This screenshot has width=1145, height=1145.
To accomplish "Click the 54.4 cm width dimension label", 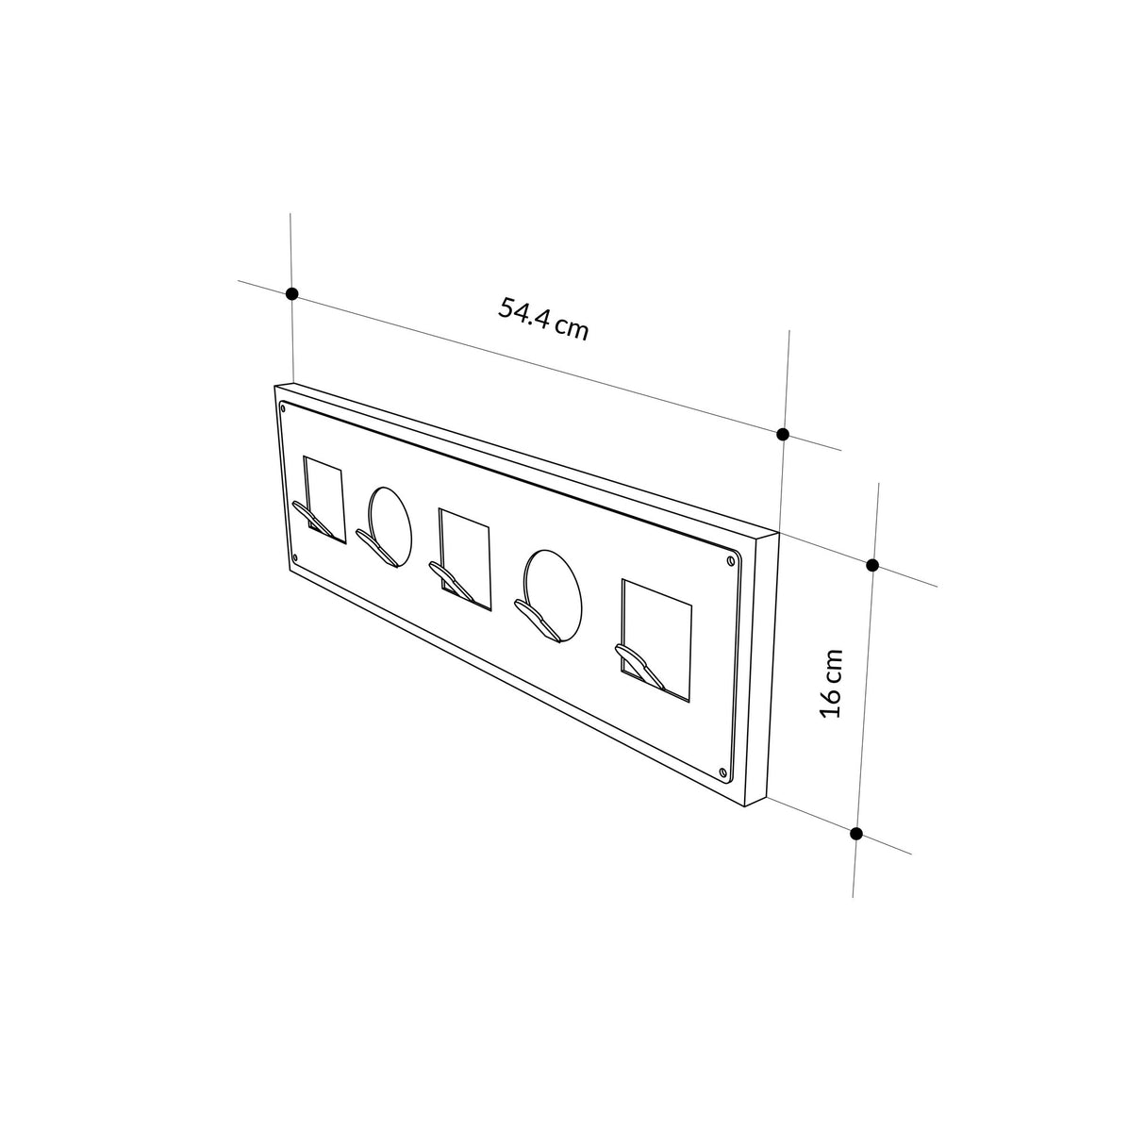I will coord(543,319).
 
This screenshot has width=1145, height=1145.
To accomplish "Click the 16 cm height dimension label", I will coord(830,683).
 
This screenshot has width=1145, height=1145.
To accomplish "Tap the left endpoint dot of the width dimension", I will coord(292,294).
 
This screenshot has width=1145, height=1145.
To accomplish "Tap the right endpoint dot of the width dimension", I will coord(783,434).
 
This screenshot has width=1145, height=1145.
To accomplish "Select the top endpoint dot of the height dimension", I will coord(872,565).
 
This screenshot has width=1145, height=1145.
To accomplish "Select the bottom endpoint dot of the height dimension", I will coord(856,833).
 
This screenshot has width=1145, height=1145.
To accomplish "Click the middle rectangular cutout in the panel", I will coord(465,554).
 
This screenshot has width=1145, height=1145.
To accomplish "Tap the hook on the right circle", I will coord(536,615).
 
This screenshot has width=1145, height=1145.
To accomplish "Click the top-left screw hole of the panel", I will coord(283,407).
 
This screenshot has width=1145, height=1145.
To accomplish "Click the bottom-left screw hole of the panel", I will coord(295,558).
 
